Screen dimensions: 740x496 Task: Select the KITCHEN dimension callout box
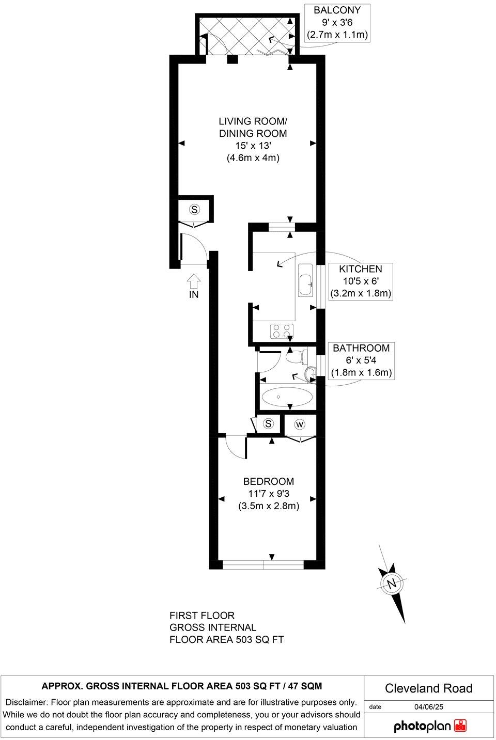coord(361,281)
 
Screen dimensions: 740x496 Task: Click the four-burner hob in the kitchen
coord(281,330)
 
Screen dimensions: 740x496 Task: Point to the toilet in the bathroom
coord(296,356)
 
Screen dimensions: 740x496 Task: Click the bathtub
coord(287,397)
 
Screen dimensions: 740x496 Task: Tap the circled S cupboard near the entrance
coord(194,209)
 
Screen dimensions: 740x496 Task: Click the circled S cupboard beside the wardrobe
coord(268,424)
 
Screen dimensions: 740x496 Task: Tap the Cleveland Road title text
coord(428,688)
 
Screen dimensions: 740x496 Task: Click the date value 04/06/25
coord(428,707)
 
